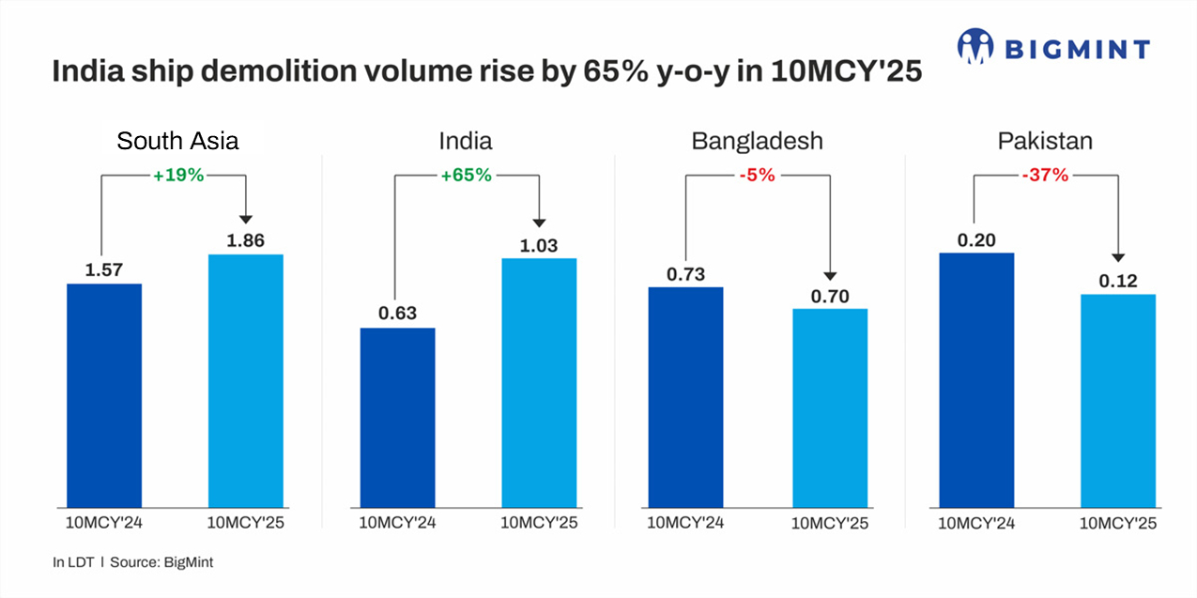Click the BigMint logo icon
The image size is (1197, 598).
tap(975, 47)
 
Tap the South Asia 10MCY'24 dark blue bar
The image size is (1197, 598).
tap(104, 394)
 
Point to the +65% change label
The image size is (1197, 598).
tap(467, 175)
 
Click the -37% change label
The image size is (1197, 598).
tap(1045, 175)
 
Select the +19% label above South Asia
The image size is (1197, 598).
tap(178, 175)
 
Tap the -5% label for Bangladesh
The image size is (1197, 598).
tap(757, 175)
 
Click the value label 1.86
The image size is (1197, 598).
tap(245, 240)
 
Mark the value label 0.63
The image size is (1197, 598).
tap(397, 314)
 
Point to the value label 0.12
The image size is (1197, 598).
tap(1118, 281)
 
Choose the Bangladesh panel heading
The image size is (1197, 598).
tap(757, 142)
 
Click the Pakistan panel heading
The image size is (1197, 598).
tap(1045, 142)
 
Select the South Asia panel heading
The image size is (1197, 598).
tap(177, 142)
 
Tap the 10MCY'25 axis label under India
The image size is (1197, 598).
tap(539, 522)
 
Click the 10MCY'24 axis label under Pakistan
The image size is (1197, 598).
tap(976, 522)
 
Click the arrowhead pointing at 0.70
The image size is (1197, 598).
tap(829, 275)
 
